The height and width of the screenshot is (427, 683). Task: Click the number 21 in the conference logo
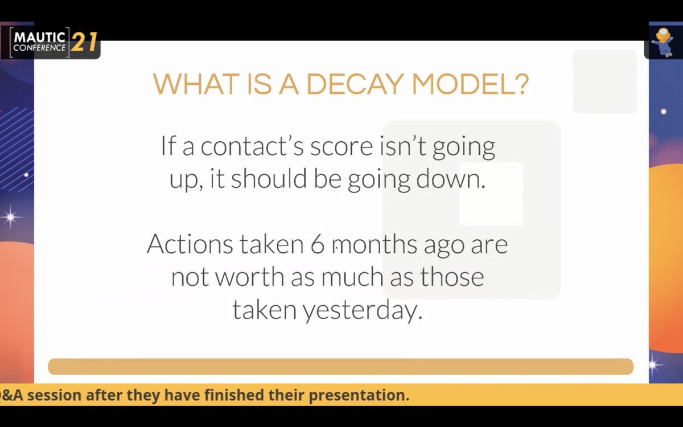click(84, 43)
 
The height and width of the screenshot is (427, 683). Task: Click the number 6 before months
click(317, 244)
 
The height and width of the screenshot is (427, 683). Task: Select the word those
click(452, 277)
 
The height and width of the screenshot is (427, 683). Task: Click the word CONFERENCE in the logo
click(39, 48)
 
